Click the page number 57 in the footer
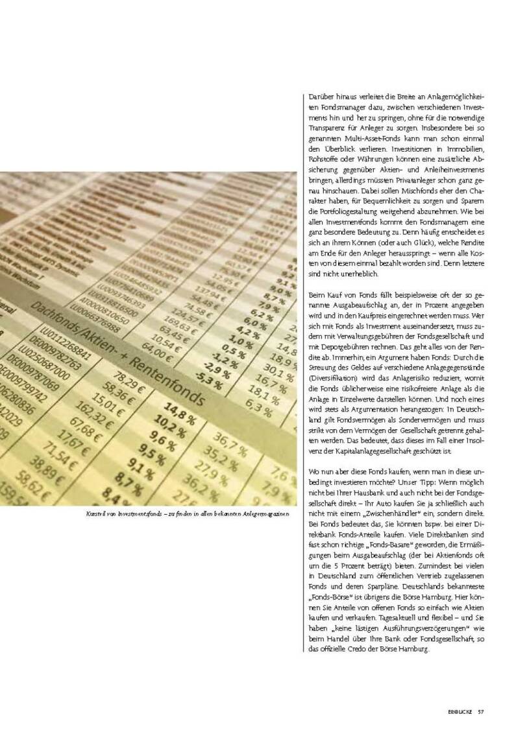coord(481,693)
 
